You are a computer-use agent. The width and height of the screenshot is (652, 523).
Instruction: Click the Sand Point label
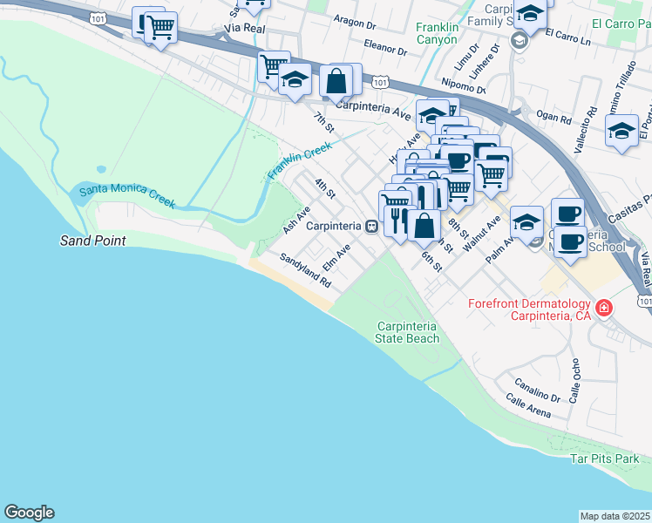click(92, 241)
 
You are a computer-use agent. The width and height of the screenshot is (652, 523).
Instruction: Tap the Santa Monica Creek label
click(127, 196)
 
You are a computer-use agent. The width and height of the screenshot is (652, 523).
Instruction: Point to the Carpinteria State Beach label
click(406, 331)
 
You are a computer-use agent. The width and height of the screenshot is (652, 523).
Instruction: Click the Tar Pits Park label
click(605, 458)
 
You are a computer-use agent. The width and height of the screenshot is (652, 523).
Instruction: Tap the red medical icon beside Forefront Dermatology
click(603, 308)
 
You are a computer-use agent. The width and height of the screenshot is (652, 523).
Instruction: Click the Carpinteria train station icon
click(371, 226)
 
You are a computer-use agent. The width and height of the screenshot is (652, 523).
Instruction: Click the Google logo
click(29, 513)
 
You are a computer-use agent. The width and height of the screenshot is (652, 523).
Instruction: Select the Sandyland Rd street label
click(306, 271)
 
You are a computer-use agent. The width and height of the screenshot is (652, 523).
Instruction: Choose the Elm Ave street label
click(336, 256)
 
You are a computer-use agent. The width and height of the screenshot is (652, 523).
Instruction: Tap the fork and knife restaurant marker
click(399, 217)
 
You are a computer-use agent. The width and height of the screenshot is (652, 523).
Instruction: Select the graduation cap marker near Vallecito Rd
click(621, 132)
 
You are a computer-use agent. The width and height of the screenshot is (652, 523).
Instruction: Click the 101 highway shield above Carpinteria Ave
click(378, 81)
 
